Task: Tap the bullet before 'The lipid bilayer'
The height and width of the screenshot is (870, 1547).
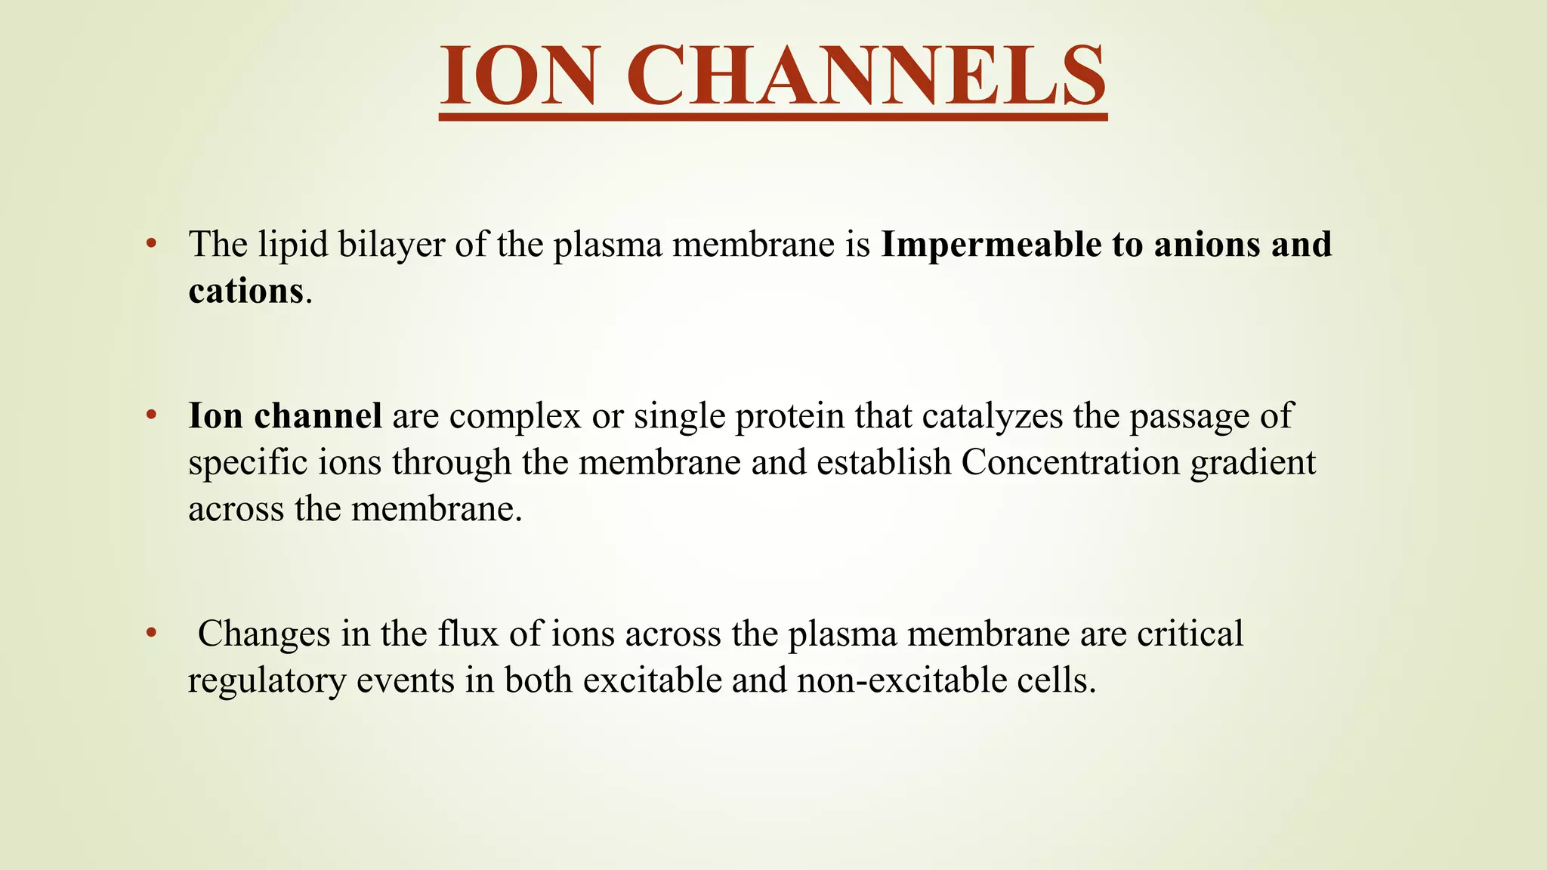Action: [x=151, y=244]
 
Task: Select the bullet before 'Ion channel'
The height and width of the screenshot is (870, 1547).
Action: [x=151, y=415]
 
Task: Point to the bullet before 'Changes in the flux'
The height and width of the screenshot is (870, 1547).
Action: [x=151, y=633]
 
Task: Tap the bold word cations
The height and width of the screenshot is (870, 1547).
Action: [x=245, y=291]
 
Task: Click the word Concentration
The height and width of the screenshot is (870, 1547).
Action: [x=1070, y=462]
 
